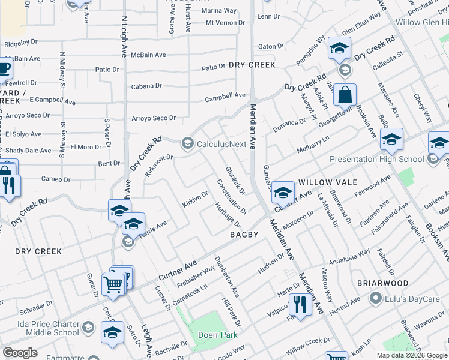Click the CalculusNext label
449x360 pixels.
click(221, 144)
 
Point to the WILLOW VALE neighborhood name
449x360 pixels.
click(327, 182)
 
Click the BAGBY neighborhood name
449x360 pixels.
click(244, 235)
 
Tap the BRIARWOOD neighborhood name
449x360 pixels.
click(382, 283)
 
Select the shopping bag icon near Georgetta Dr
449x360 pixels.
click(345, 95)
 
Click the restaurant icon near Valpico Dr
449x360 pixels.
click(300, 305)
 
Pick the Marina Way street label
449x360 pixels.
click(219, 11)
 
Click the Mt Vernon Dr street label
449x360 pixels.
click(225, 23)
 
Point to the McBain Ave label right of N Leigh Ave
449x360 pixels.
click(148, 55)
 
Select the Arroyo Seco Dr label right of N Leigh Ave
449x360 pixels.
click(153, 118)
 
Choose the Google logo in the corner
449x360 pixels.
click(20, 353)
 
